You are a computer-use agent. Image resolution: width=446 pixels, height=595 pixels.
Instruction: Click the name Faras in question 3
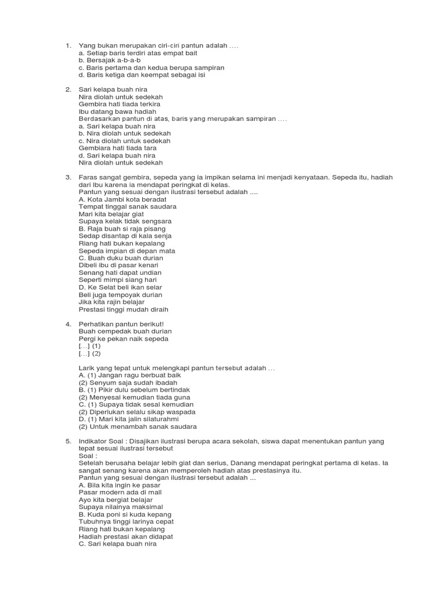pyautogui.click(x=88, y=177)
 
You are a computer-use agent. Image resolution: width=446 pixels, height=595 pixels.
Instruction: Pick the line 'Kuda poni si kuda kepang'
pyautogui.click(x=125, y=514)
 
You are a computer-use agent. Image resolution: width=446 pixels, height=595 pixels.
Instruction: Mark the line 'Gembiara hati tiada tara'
pyautogui.click(x=117, y=148)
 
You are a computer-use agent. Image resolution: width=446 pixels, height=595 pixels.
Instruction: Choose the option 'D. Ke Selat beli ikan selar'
pyautogui.click(x=120, y=287)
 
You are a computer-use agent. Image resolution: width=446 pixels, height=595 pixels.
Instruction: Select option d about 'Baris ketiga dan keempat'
pyautogui.click(x=142, y=75)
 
